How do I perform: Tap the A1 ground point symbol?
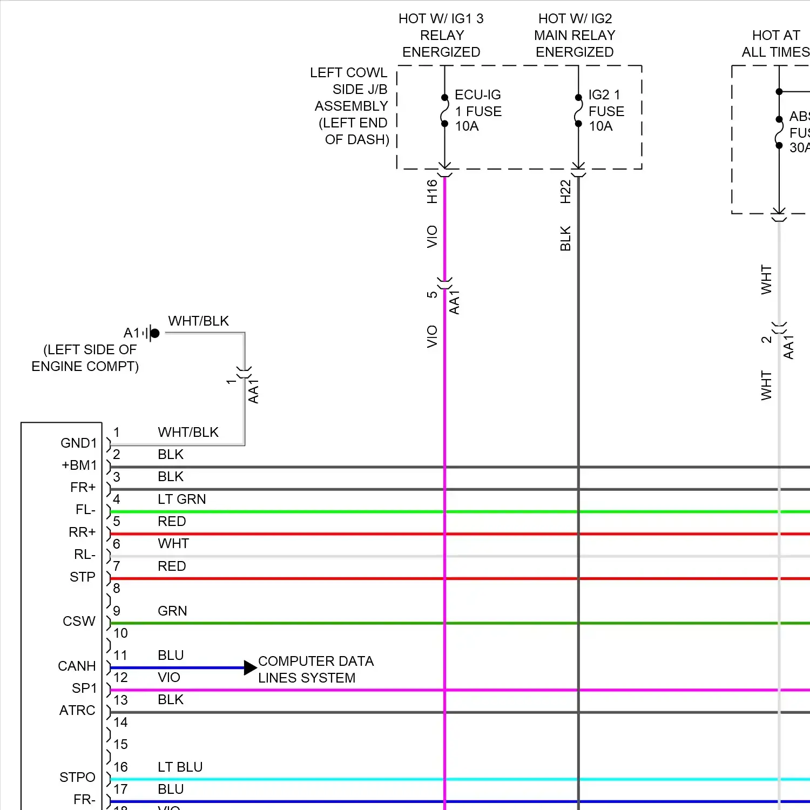tap(154, 333)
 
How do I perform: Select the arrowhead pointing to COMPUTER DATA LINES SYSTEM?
tap(250, 668)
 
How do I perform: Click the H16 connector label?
tap(432, 192)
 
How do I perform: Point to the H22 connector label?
tap(565, 192)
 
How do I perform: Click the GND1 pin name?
tap(78, 443)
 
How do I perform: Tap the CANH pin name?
tap(77, 666)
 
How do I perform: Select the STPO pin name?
tap(77, 778)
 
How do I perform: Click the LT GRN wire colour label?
tap(181, 500)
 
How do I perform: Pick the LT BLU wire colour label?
tap(180, 767)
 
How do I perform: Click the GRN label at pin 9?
tap(172, 611)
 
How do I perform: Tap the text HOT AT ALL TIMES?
tap(775, 44)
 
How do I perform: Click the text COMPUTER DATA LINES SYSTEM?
tap(315, 670)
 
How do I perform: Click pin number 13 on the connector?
tap(120, 700)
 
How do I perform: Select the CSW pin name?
tap(79, 622)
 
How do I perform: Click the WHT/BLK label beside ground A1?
tap(198, 321)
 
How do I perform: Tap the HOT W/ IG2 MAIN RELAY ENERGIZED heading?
tap(575, 36)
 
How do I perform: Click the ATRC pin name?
tap(77, 711)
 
